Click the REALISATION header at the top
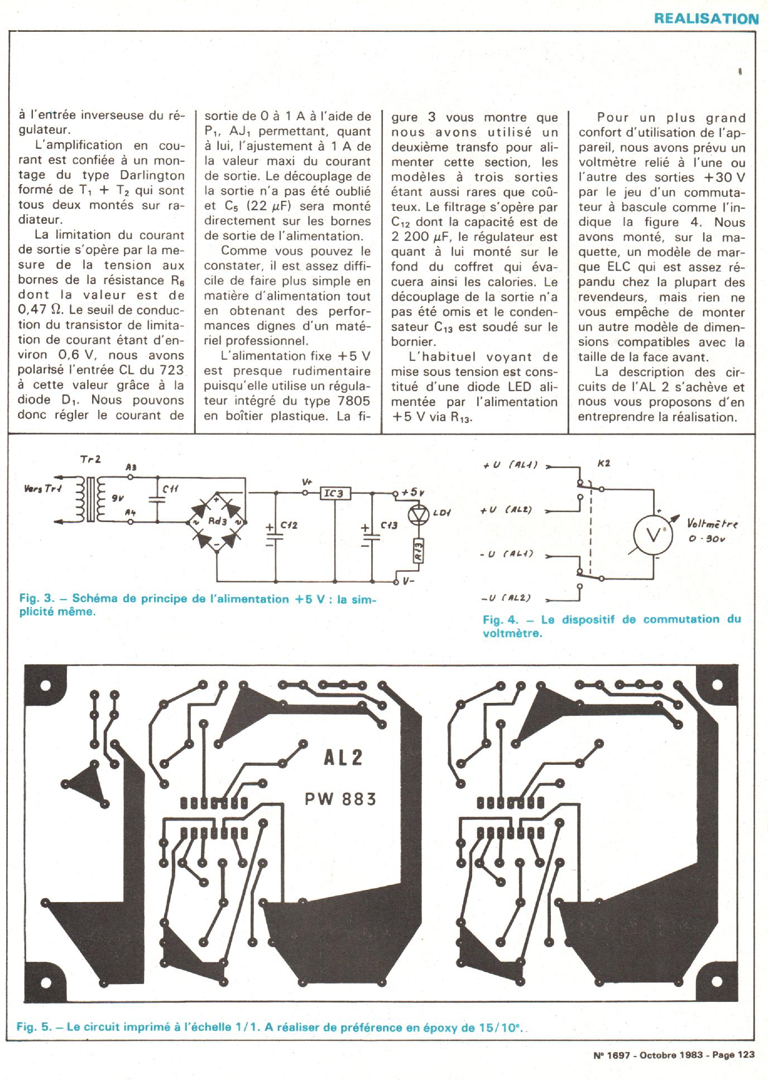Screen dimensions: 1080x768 point(706,18)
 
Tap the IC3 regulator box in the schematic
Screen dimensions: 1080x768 point(335,493)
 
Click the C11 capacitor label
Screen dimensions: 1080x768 point(170,489)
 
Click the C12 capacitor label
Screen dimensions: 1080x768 point(289,525)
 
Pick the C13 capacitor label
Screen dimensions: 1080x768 point(389,525)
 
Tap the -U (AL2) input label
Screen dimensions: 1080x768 point(506,598)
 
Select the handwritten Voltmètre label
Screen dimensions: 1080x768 point(713,524)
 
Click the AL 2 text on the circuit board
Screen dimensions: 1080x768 point(343,757)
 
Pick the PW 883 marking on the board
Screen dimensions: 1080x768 point(340,799)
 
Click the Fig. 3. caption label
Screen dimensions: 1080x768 point(36,599)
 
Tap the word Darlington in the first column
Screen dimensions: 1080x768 point(152,175)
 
